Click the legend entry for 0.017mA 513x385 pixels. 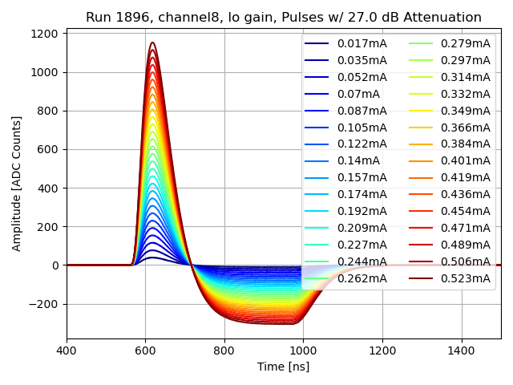[362, 43]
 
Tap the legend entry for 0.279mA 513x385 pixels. [465, 43]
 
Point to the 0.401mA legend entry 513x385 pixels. [465, 160]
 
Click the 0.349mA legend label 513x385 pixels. [465, 110]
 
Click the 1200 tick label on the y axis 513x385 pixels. [44, 34]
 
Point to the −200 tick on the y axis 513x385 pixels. [42, 304]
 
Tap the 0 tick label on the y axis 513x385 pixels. [55, 265]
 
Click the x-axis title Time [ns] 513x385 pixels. [283, 367]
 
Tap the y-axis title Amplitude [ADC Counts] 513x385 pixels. [17, 184]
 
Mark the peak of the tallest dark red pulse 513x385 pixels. [152, 43]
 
